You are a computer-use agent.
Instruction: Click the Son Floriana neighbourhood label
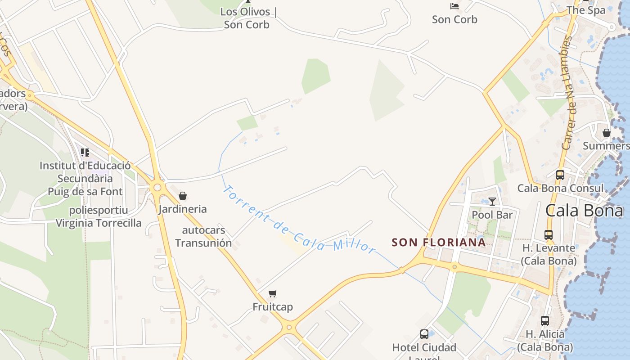click(x=438, y=242)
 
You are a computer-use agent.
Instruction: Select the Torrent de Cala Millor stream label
click(x=299, y=220)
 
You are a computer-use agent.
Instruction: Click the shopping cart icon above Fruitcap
click(x=272, y=294)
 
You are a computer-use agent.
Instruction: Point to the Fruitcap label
click(x=273, y=307)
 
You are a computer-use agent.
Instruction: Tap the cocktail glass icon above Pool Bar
click(x=492, y=202)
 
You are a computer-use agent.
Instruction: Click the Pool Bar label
click(x=492, y=215)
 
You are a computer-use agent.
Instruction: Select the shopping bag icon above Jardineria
click(x=183, y=196)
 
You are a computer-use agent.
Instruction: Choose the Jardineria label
click(x=183, y=209)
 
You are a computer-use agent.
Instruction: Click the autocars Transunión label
click(x=203, y=237)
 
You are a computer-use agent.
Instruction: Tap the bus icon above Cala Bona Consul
click(x=560, y=175)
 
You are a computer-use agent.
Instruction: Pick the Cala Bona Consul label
click(x=560, y=188)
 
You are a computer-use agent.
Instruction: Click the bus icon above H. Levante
click(x=549, y=235)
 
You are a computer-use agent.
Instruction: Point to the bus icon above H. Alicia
click(x=545, y=321)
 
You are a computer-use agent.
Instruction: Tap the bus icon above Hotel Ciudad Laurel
click(x=424, y=334)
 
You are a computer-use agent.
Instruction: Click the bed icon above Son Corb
click(x=454, y=6)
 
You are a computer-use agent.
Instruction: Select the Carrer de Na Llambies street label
click(x=570, y=93)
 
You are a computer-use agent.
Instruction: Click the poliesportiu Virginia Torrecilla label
click(x=99, y=216)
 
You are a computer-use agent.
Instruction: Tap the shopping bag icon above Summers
click(x=607, y=133)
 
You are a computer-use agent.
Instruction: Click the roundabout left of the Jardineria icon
click(x=157, y=187)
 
